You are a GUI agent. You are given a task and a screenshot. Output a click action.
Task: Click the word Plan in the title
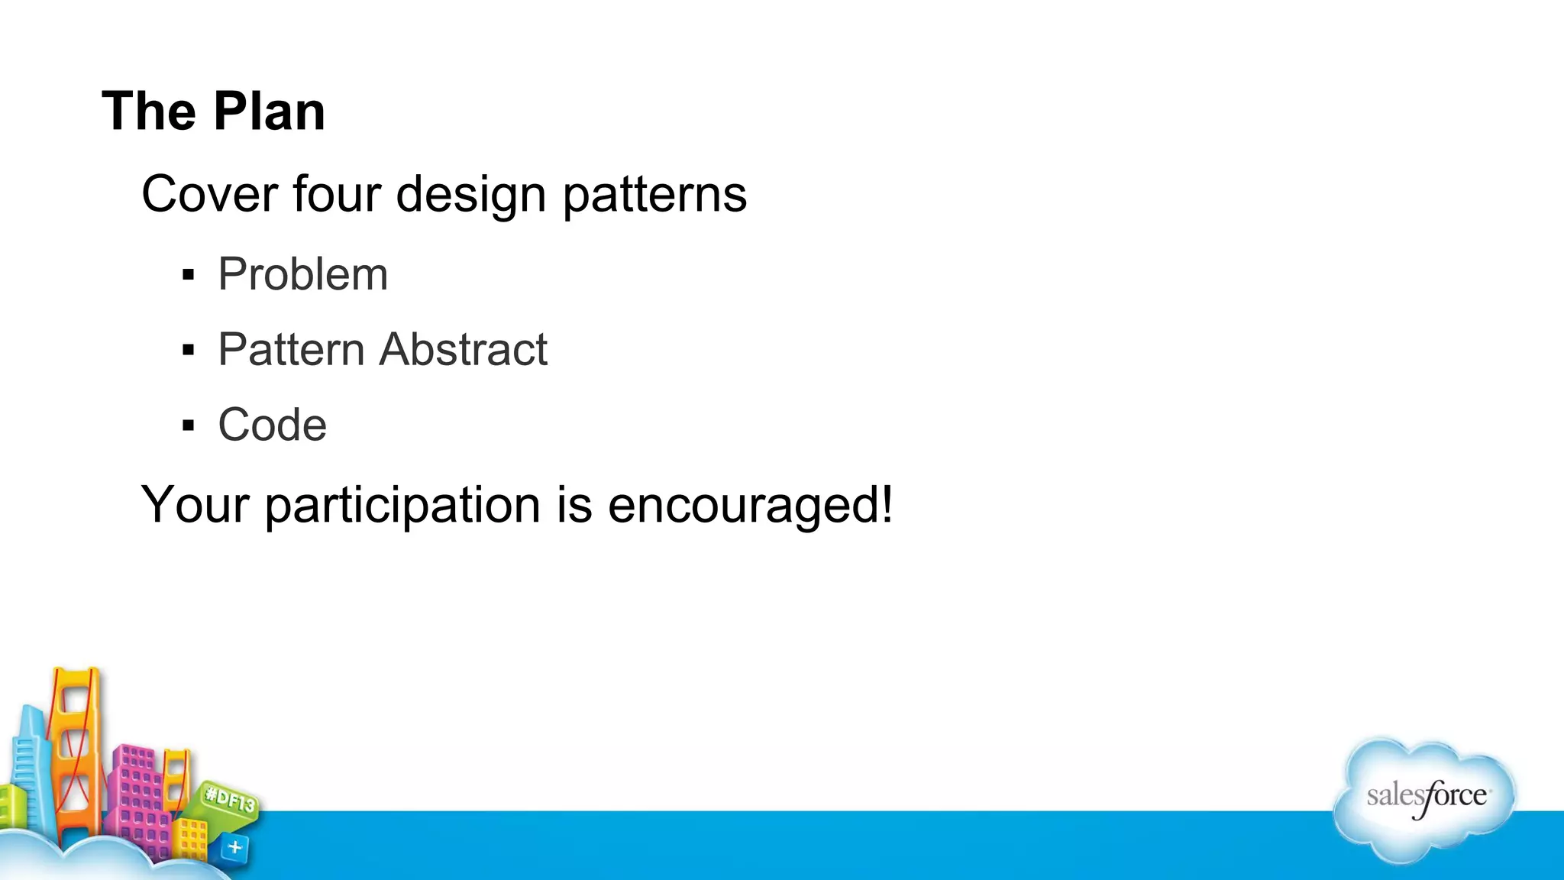(x=269, y=112)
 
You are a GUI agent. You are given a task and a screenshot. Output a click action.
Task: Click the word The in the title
(x=149, y=112)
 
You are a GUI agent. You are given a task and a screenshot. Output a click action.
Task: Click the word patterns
(x=654, y=196)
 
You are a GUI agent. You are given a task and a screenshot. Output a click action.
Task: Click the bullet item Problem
(x=302, y=274)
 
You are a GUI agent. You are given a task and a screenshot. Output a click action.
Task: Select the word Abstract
(x=464, y=350)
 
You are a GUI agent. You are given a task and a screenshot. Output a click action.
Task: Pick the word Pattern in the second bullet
(x=291, y=350)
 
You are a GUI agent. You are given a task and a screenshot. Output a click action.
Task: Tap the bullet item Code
(x=272, y=425)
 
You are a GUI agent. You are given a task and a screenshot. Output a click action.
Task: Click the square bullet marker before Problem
(x=189, y=275)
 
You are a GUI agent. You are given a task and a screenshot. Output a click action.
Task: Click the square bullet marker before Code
(x=189, y=425)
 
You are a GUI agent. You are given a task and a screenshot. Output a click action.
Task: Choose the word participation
(x=403, y=506)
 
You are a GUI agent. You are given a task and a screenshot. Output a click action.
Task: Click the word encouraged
(x=748, y=506)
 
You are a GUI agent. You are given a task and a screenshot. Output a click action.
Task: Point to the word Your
(x=195, y=505)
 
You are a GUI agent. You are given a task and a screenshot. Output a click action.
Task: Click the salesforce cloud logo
(x=1424, y=798)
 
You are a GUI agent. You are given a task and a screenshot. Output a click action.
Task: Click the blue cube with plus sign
(x=234, y=847)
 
